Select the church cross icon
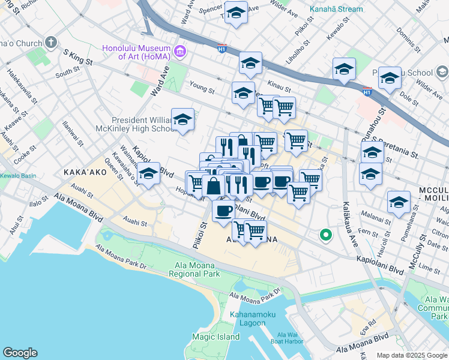[x=51, y=43]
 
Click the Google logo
[x=20, y=353]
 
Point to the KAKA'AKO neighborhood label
[x=85, y=172]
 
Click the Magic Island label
[x=220, y=337]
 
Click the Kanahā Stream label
[x=336, y=9]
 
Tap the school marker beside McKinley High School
[x=182, y=120]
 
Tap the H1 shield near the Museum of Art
[x=221, y=49]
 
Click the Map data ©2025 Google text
[x=412, y=355]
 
